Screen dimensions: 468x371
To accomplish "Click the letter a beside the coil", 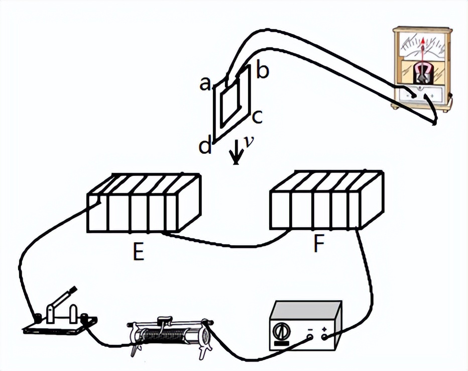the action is tap(205, 83).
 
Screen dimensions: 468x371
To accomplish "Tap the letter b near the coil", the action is tap(263, 70).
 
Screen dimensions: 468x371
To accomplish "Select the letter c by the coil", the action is tap(257, 117).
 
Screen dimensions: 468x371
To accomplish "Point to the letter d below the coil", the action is tap(205, 145).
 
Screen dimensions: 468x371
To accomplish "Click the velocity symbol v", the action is tap(249, 142).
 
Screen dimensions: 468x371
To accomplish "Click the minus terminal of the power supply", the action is tap(310, 337).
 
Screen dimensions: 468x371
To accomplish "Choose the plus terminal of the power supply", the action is tap(324, 337).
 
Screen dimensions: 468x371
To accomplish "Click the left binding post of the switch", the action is tap(38, 318).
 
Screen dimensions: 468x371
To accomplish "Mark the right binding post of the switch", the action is tap(85, 317).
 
